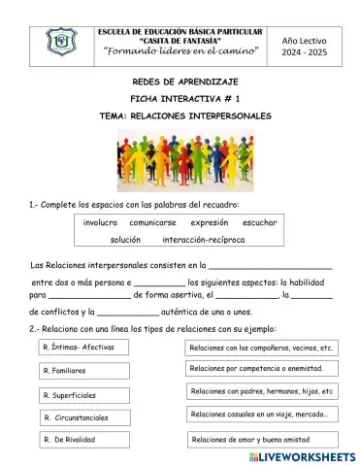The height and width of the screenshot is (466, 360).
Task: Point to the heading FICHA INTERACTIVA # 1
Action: point(180,99)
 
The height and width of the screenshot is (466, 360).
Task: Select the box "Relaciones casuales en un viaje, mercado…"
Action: point(261,415)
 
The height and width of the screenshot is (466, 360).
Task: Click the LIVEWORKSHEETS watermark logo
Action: point(302,454)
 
